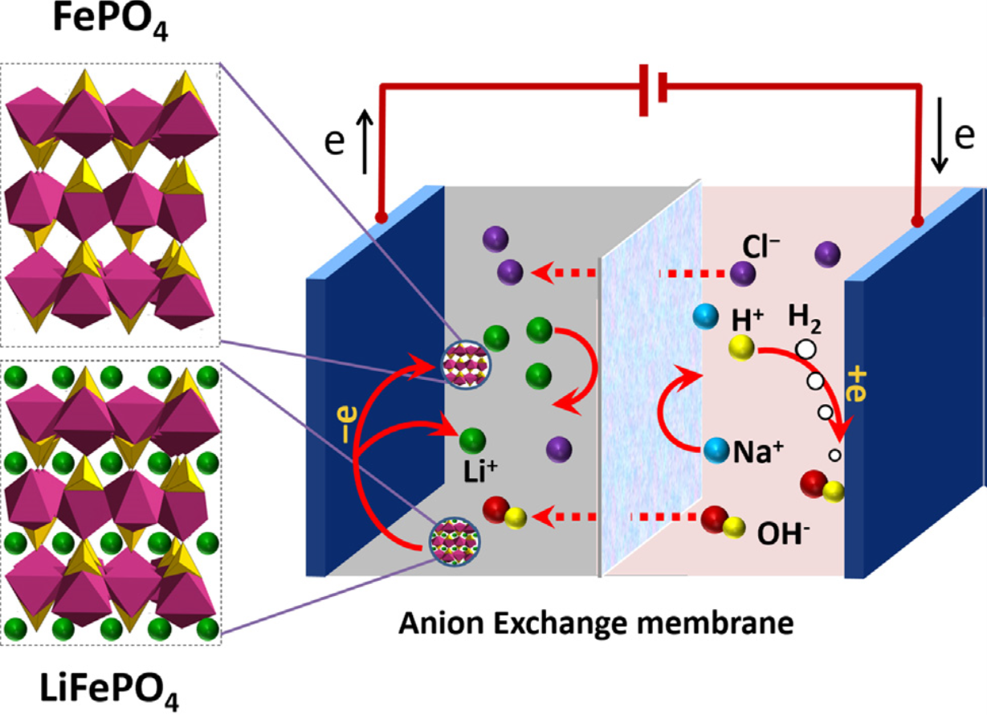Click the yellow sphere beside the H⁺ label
[742, 348]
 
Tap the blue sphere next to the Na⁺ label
[714, 450]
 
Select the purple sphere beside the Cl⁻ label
[742, 273]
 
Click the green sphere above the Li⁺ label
[472, 440]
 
